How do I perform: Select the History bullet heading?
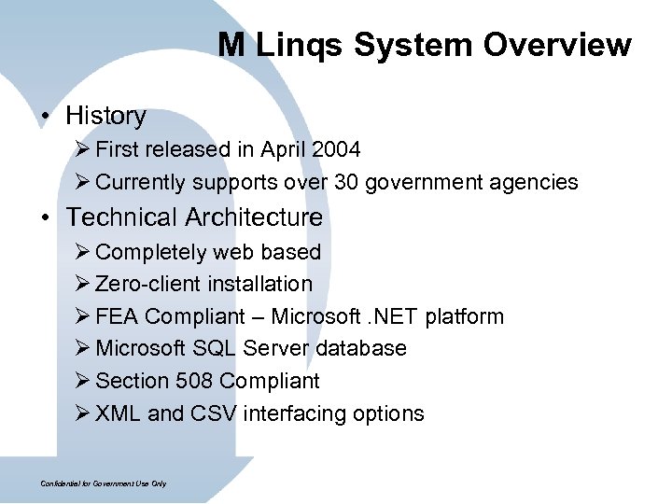[105, 116]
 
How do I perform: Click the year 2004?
[335, 149]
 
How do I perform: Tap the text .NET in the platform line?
[388, 316]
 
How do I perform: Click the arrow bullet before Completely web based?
[83, 252]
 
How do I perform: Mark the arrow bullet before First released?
[83, 149]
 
